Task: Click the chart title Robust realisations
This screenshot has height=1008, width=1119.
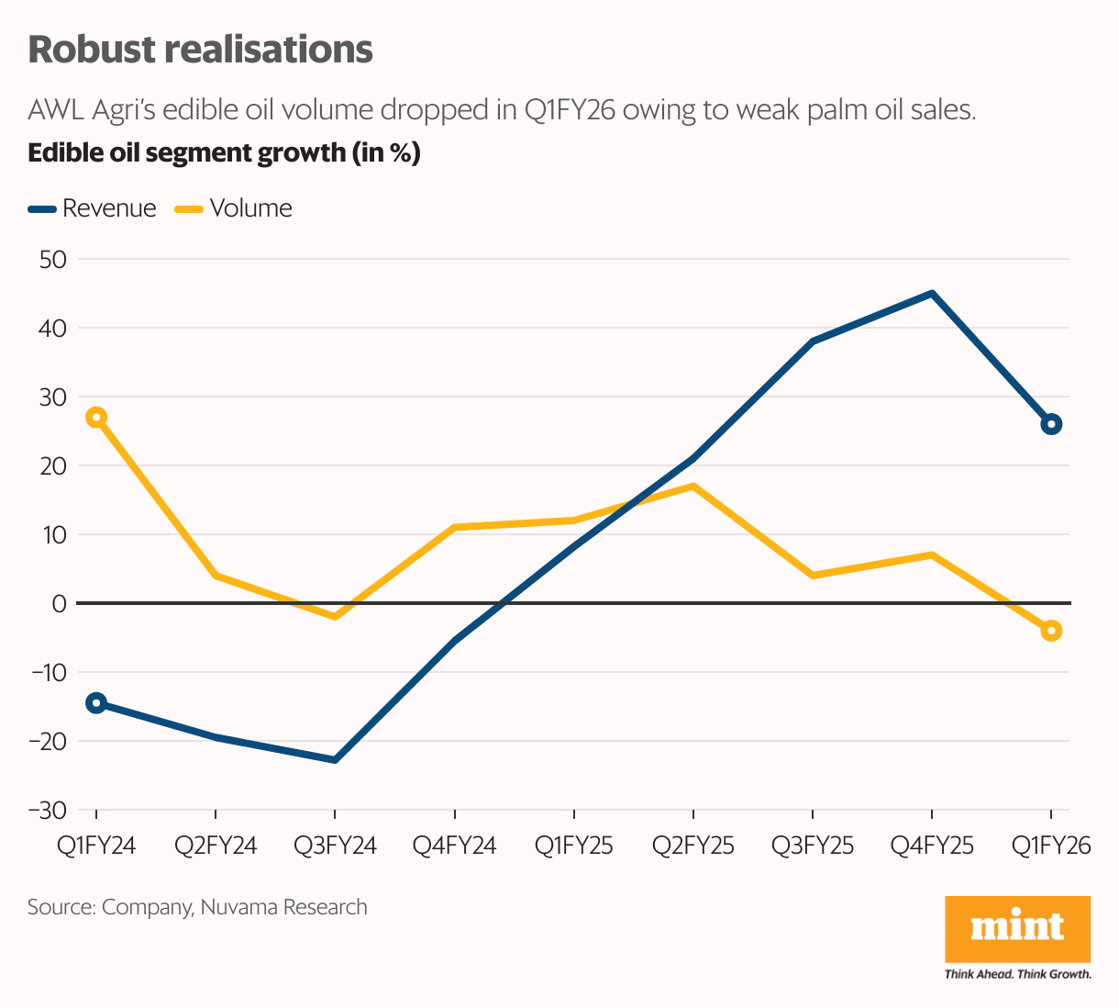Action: click(x=200, y=50)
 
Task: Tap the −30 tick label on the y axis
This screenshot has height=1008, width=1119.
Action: click(x=48, y=810)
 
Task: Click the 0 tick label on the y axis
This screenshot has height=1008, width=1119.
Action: click(x=60, y=603)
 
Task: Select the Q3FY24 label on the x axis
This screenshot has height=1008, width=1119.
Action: click(x=335, y=846)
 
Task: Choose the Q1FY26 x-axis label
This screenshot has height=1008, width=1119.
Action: click(x=1051, y=846)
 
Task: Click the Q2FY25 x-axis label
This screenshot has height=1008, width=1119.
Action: click(x=693, y=846)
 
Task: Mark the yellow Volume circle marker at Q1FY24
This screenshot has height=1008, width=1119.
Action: click(x=96, y=418)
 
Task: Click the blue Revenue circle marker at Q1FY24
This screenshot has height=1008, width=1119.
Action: click(x=96, y=703)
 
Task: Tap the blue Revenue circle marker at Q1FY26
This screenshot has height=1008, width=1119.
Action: click(x=1051, y=424)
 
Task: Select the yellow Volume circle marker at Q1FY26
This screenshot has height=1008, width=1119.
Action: click(x=1051, y=631)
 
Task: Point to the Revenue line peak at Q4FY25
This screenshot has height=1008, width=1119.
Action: click(x=932, y=294)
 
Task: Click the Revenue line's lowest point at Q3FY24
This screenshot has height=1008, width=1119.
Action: click(x=335, y=760)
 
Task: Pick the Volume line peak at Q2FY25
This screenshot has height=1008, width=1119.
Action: click(x=693, y=486)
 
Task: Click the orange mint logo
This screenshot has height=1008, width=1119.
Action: click(x=1017, y=928)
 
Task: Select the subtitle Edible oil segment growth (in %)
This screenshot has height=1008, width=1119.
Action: click(x=224, y=152)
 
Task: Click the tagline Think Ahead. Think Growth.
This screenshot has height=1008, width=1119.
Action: click(x=1017, y=973)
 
